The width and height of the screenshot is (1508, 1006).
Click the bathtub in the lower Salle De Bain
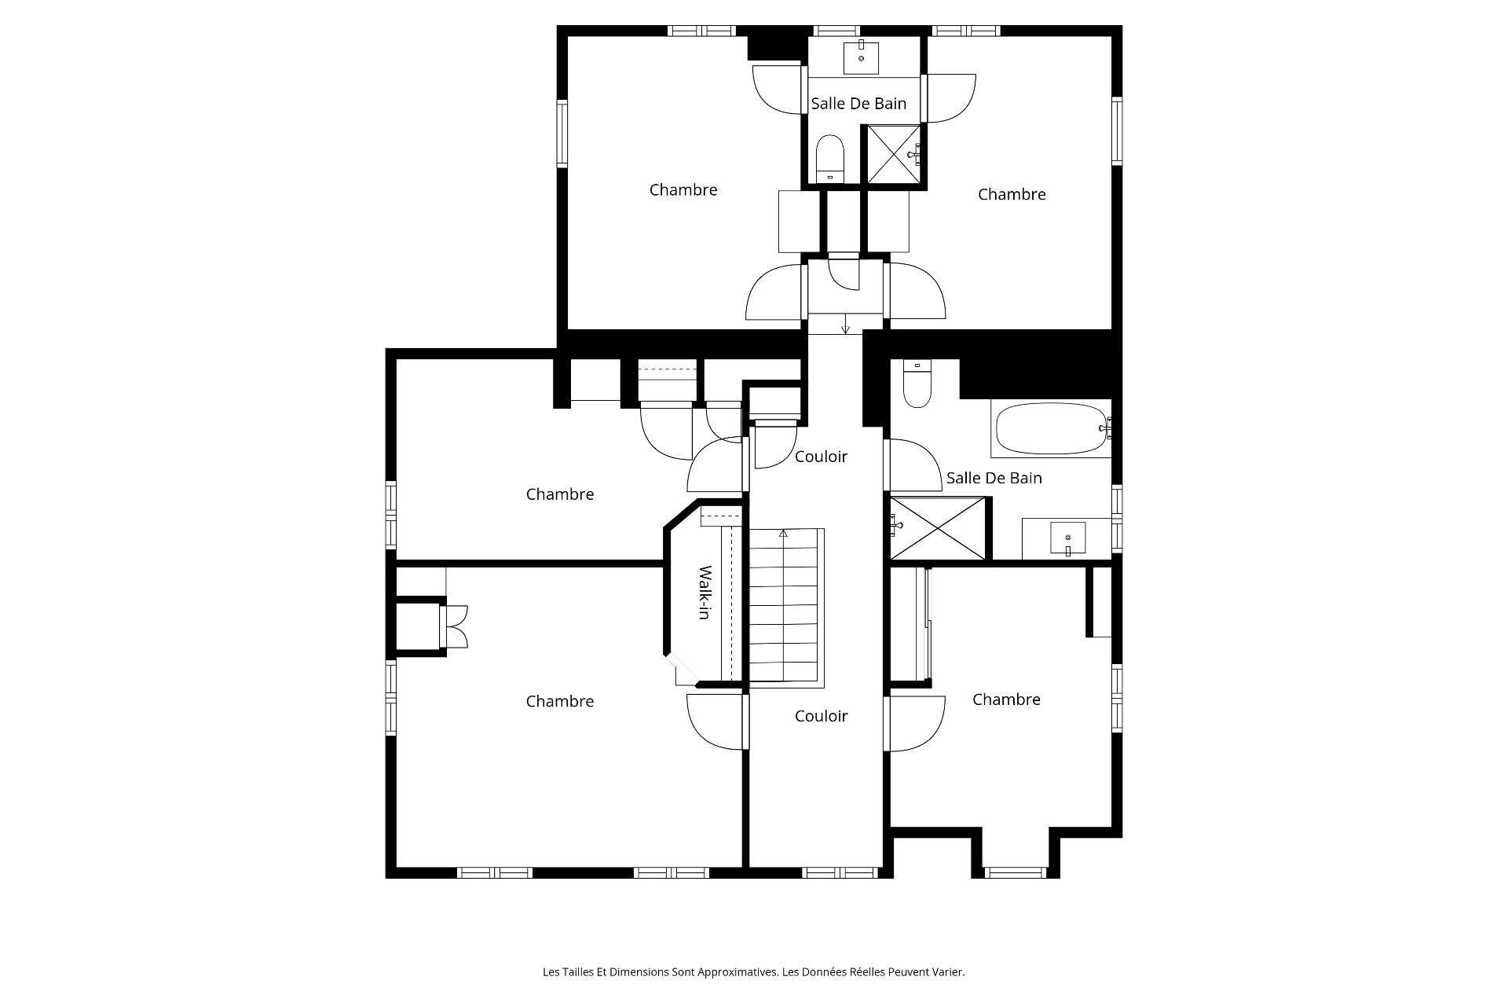(1051, 429)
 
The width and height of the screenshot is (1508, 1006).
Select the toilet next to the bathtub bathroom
(916, 384)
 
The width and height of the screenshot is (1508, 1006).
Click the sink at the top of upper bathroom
(862, 57)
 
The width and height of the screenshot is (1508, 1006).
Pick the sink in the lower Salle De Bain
(1067, 538)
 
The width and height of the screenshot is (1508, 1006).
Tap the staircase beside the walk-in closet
(785, 605)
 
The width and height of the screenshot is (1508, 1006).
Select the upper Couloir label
(821, 457)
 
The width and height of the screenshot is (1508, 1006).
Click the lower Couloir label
(821, 716)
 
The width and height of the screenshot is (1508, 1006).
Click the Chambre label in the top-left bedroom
(683, 189)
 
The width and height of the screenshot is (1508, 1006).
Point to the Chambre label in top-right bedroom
(1011, 194)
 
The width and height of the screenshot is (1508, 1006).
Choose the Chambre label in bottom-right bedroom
(1006, 699)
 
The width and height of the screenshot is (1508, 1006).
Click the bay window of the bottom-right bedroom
(1015, 872)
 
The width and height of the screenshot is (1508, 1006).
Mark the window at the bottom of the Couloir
(840, 872)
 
